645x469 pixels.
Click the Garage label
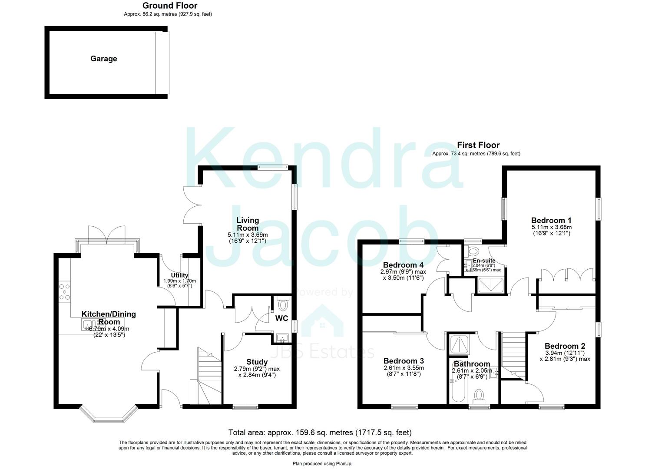pyautogui.click(x=103, y=59)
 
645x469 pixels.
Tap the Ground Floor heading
pyautogui.click(x=169, y=6)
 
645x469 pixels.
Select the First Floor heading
pyautogui.click(x=478, y=145)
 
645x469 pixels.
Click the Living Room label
pyautogui.click(x=248, y=224)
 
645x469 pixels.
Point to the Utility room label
pyautogui.click(x=179, y=275)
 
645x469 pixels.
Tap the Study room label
pyautogui.click(x=257, y=362)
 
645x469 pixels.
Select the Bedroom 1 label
pyautogui.click(x=551, y=220)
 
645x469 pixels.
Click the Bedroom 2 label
pyautogui.click(x=565, y=346)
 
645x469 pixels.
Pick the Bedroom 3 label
pyautogui.click(x=404, y=361)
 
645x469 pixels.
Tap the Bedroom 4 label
pyautogui.click(x=403, y=265)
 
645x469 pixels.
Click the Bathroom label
pyautogui.click(x=472, y=364)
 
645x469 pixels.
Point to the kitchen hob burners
pyautogui.click(x=64, y=291)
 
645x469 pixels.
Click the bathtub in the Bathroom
pyautogui.click(x=456, y=389)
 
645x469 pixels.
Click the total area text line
pyautogui.click(x=320, y=432)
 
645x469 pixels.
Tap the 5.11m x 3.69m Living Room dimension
pyautogui.click(x=248, y=234)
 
